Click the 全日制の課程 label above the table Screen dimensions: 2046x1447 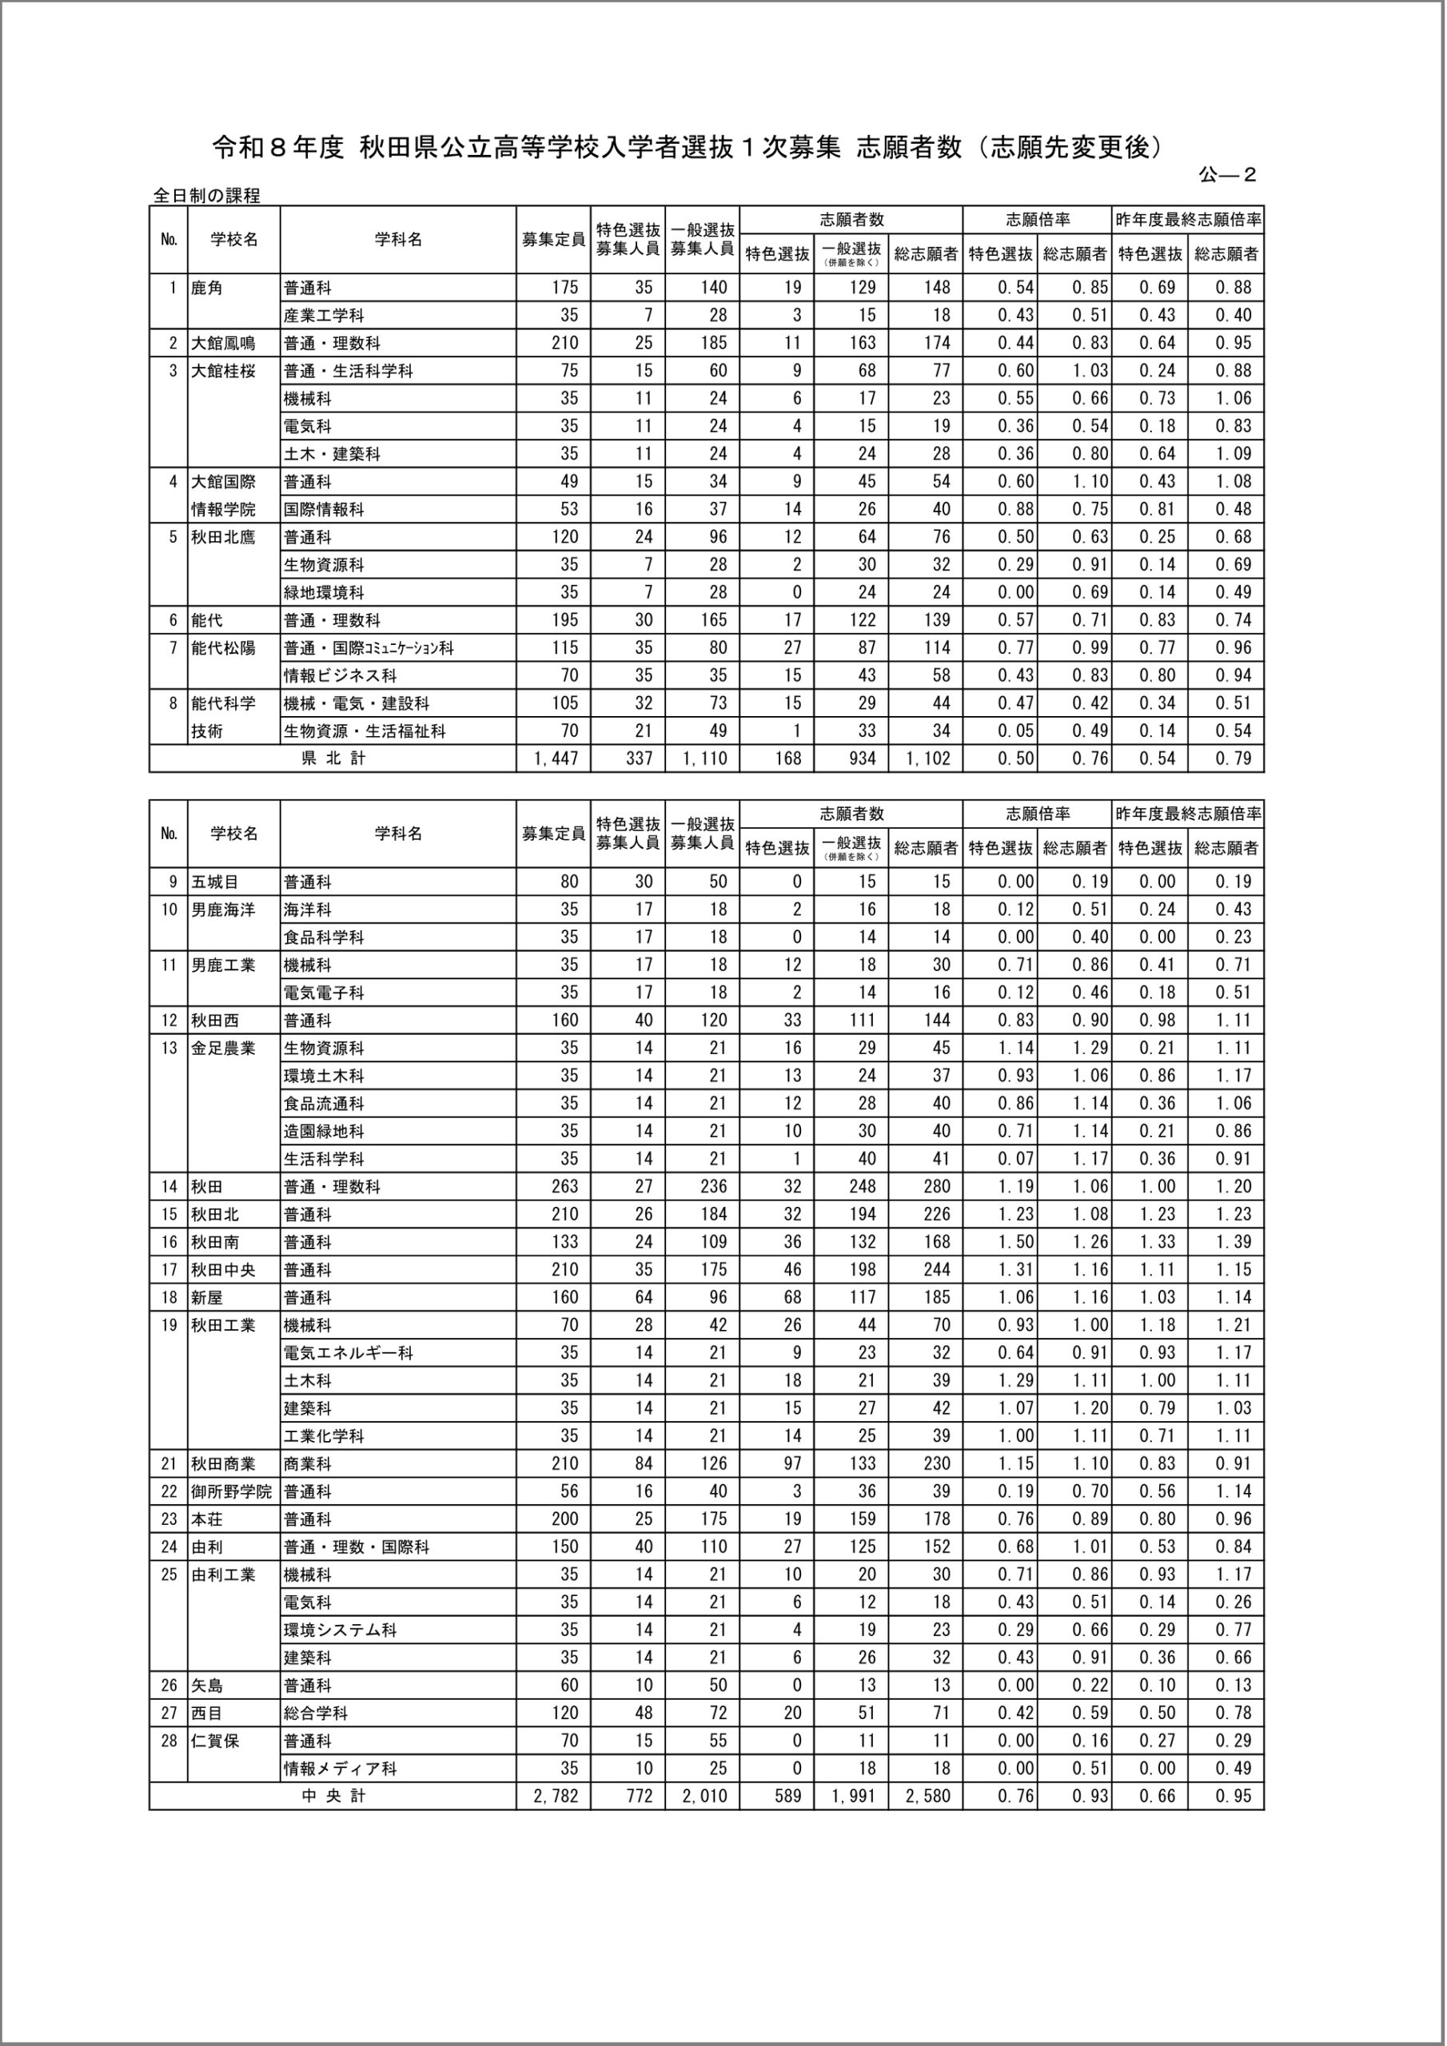[x=206, y=195]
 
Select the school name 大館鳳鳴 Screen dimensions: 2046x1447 [x=223, y=343]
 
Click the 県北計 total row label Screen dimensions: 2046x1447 [x=333, y=758]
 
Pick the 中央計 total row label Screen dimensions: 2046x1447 [x=333, y=1796]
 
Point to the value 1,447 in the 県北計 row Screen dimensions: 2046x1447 [x=556, y=758]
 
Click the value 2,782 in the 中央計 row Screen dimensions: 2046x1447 [x=556, y=1796]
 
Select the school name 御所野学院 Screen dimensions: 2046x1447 [x=231, y=1491]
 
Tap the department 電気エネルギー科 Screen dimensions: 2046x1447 [x=348, y=1353]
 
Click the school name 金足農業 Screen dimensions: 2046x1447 [x=223, y=1048]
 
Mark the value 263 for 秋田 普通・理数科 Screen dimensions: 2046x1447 [x=564, y=1186]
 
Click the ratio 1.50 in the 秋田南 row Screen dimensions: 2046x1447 [x=1015, y=1241]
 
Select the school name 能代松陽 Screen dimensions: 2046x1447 [x=223, y=648]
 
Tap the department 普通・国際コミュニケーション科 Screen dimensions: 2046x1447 [x=369, y=648]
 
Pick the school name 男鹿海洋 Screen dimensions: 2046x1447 [x=223, y=910]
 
